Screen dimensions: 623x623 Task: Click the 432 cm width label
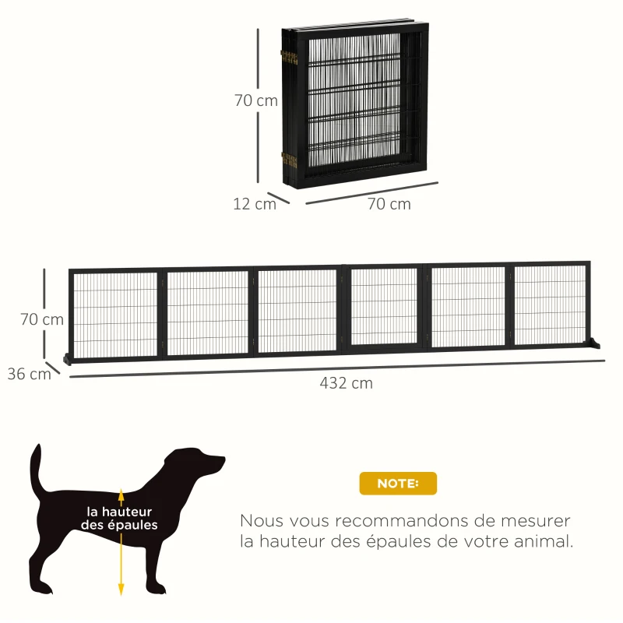point(346,383)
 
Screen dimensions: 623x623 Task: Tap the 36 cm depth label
point(29,373)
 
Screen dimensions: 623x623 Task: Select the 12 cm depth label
point(254,204)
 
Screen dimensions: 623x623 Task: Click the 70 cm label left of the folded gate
point(256,100)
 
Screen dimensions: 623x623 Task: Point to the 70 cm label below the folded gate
point(389,204)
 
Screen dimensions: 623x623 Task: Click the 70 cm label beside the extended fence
point(42,319)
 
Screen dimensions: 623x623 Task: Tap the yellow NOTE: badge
point(398,484)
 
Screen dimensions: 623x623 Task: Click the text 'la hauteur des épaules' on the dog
point(120,518)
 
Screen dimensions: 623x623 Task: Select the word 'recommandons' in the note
point(404,520)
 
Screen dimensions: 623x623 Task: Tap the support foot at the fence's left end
point(68,359)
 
